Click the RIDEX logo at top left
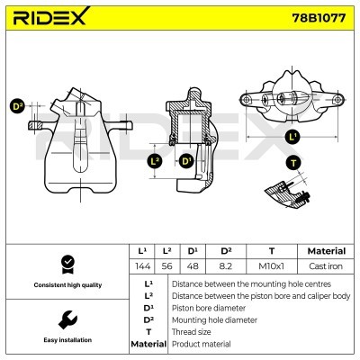pyautogui.click(x=51, y=17)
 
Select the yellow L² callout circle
pyautogui.click(x=155, y=161)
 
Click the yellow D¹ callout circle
pyautogui.click(x=186, y=161)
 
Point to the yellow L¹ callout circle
pyautogui.click(x=292, y=138)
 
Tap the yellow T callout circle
pyautogui.click(x=294, y=162)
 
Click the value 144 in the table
pyautogui.click(x=141, y=267)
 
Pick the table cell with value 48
pyautogui.click(x=192, y=267)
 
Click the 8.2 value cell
pyautogui.click(x=226, y=267)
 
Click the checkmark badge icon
pyautogui.click(x=66, y=264)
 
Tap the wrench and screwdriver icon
pyautogui.click(x=66, y=319)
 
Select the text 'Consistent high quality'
pyautogui.click(x=66, y=285)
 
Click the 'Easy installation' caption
pyautogui.click(x=66, y=341)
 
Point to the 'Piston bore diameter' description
pyautogui.click(x=208, y=308)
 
